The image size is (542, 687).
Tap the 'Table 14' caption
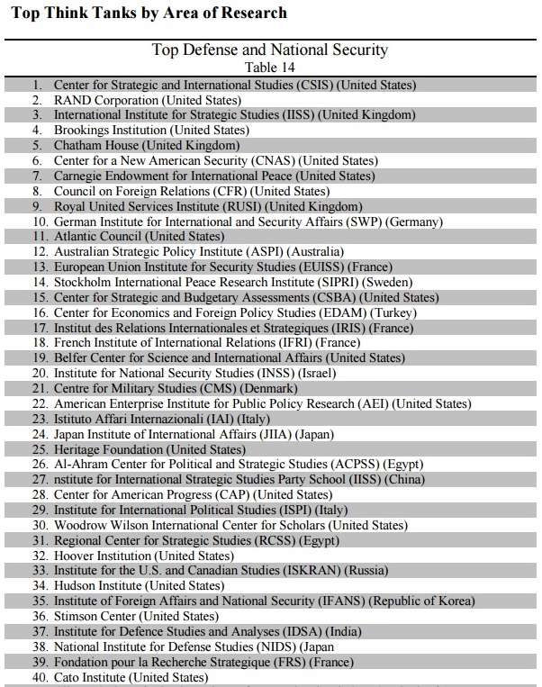[270, 67]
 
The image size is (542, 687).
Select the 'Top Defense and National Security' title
[270, 50]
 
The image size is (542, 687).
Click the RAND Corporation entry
[148, 100]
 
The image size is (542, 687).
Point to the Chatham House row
[146, 145]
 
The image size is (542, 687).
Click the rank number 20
[40, 373]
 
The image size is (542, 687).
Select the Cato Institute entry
[131, 676]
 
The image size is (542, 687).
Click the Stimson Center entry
[136, 616]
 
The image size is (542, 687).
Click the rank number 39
[40, 661]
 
